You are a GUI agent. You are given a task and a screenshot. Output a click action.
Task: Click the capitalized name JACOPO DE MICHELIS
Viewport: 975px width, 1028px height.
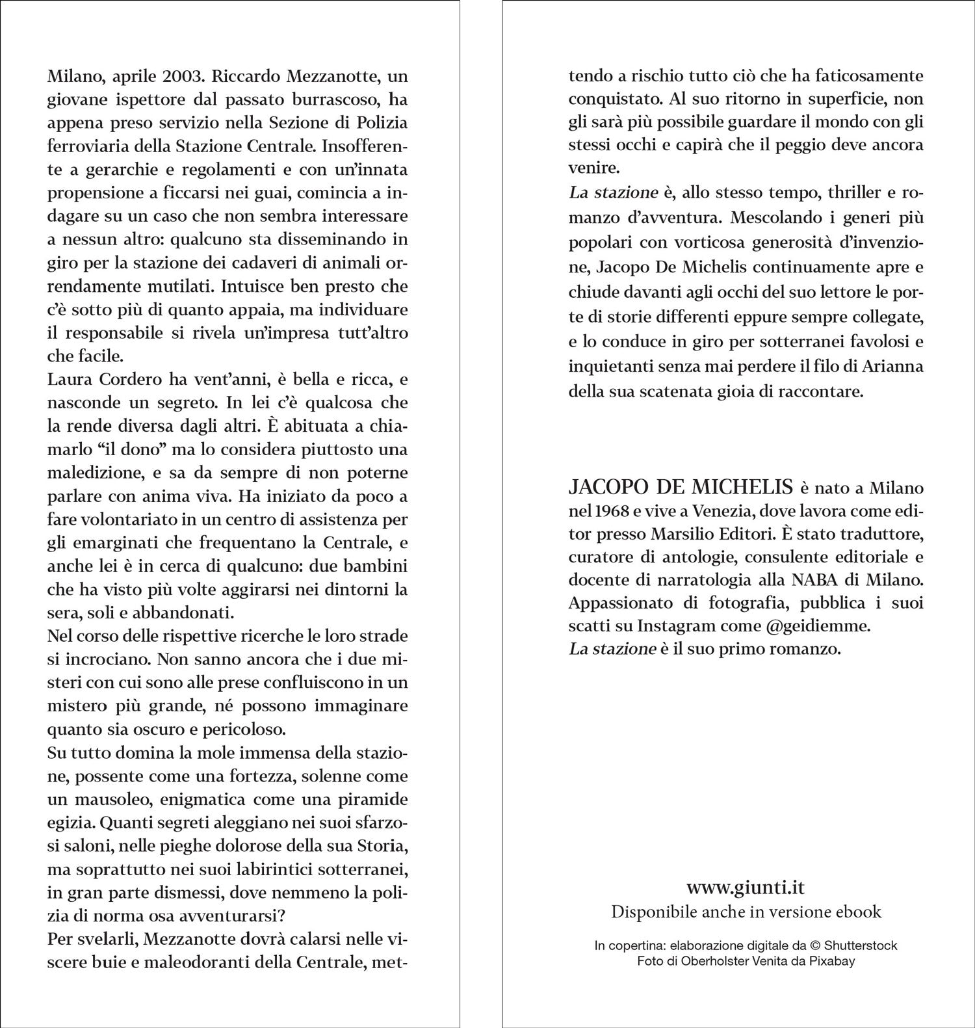point(681,487)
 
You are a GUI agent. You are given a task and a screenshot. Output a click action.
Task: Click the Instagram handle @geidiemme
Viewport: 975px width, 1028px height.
point(827,626)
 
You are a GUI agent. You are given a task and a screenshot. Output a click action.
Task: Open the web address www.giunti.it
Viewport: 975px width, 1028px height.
point(746,888)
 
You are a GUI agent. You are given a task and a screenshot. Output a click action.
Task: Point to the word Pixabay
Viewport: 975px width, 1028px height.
point(831,961)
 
